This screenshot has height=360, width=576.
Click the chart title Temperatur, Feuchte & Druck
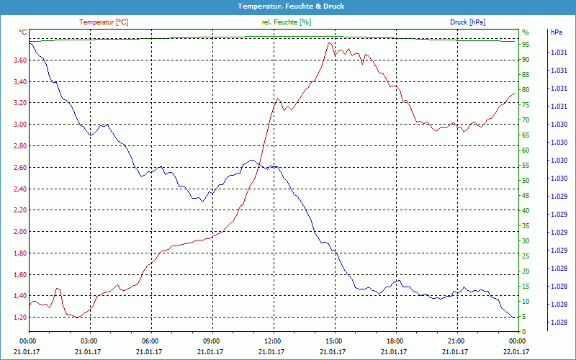(x=287, y=6)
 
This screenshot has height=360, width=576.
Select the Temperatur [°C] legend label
(x=104, y=22)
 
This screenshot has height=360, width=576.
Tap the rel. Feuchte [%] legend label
(x=287, y=22)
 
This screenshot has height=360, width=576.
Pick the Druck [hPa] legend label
(x=467, y=22)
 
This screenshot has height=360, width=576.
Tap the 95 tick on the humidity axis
(x=526, y=45)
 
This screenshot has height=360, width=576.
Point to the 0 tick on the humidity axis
(x=524, y=332)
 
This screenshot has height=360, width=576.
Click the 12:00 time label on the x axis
(x=273, y=341)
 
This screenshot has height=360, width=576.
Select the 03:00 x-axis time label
(x=89, y=341)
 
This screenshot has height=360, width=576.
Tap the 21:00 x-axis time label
(x=456, y=341)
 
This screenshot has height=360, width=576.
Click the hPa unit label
(x=557, y=32)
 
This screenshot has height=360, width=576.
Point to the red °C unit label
(x=22, y=32)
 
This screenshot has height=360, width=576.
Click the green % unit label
(x=525, y=32)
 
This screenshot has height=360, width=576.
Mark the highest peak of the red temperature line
(x=329, y=43)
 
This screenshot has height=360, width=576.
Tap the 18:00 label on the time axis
(x=395, y=341)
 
